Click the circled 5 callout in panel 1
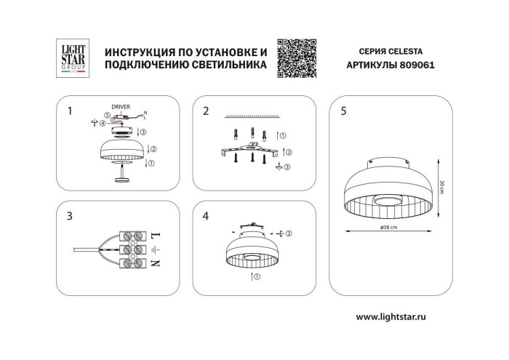106,115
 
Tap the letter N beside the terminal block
154,263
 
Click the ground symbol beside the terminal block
154,249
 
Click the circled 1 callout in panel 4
255,277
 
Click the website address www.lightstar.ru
399,317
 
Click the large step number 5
342,111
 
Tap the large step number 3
68,216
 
